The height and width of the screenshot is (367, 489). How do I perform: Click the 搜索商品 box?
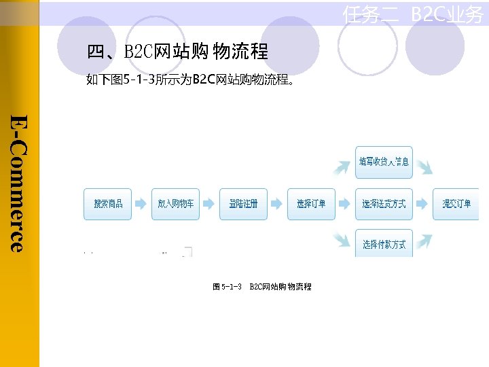coord(108,204)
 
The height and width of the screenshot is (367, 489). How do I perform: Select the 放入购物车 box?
coord(176,204)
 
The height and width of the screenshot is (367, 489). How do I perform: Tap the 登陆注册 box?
coord(244,204)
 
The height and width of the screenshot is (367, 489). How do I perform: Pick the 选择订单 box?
coord(311,204)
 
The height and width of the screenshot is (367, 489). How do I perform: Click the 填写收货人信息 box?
coord(384,162)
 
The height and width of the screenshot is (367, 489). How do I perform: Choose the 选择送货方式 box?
coord(384,204)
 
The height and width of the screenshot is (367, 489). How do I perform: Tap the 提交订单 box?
coord(456,204)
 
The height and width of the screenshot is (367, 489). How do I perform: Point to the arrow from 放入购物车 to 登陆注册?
coord(209,204)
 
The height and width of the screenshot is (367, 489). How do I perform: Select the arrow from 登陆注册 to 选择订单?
coord(277,204)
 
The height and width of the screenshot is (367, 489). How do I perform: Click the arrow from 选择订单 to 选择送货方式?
coord(345,204)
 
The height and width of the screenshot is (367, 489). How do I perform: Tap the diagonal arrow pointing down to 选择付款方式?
coord(342,240)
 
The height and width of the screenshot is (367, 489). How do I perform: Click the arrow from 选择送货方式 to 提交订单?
coord(422,204)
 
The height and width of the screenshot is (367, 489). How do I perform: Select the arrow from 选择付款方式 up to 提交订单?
coord(422,240)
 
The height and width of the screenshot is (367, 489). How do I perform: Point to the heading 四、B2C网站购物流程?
coord(177,51)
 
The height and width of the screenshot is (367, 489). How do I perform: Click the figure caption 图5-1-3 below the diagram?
coord(262,287)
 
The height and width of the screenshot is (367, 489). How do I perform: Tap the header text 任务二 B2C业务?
coord(412,14)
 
